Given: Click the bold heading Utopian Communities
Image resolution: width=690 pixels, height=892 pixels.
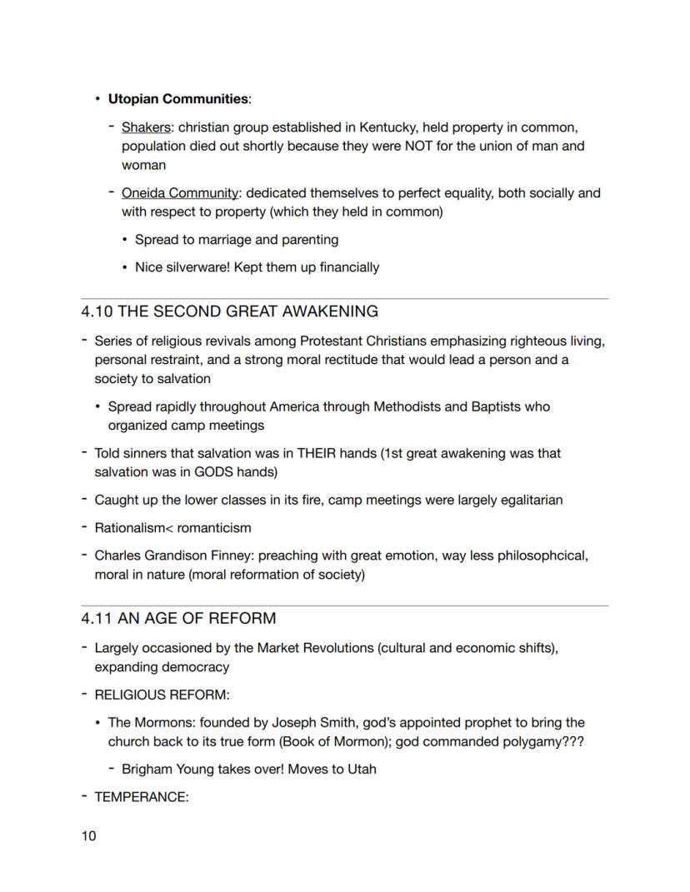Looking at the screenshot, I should tap(178, 99).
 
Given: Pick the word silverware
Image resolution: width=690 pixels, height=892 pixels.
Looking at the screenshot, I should tap(197, 267).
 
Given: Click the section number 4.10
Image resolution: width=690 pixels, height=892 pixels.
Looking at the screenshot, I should tap(97, 311).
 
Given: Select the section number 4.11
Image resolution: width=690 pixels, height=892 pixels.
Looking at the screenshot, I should tap(96, 619).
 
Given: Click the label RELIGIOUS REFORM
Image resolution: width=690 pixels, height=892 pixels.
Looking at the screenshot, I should tap(161, 695).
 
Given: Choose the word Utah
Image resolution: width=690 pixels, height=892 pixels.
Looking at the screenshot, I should tap(362, 769).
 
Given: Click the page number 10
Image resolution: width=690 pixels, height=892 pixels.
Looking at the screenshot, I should tap(88, 835).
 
